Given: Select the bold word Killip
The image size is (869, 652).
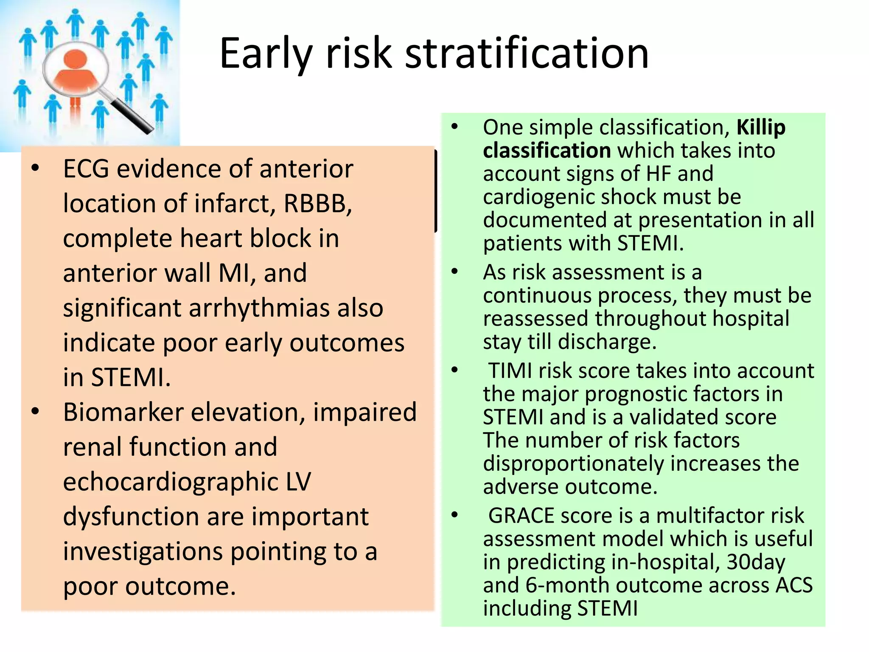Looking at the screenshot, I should tap(761, 127).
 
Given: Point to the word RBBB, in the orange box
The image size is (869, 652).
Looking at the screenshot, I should tap(318, 203).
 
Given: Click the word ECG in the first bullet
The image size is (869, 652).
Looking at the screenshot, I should tap(87, 169).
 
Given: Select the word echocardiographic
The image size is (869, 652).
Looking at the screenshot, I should tap(170, 482).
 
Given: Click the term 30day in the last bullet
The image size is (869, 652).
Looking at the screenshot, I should tap(756, 562).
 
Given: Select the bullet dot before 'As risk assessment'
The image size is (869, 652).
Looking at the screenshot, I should tap(455, 272).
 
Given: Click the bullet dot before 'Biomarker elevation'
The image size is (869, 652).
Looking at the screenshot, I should tap(36, 411).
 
